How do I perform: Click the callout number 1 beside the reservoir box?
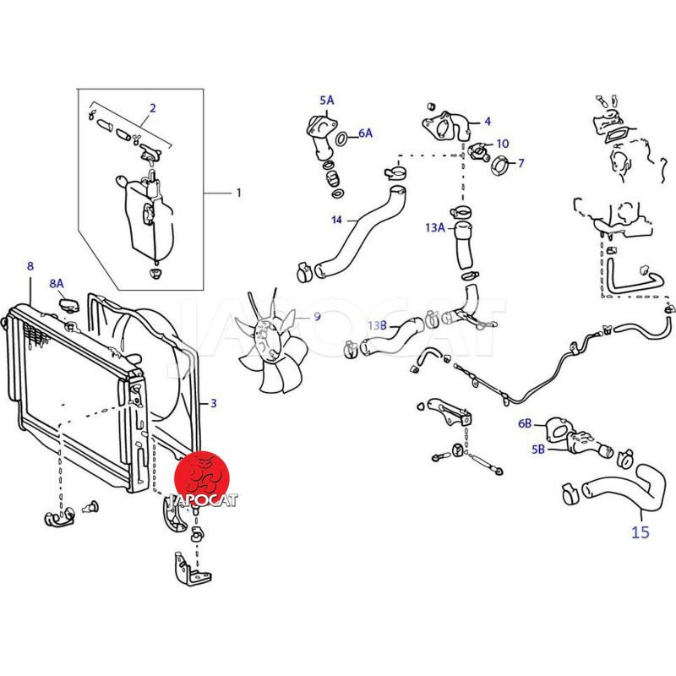coord(239,193)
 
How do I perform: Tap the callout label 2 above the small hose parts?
coord(153,108)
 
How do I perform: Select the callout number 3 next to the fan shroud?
coord(214,404)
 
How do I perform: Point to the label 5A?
coord(327,101)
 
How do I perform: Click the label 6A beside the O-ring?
coord(366,134)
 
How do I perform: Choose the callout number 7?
coord(521,163)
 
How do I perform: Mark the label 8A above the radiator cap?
coord(57,283)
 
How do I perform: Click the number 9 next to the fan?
coord(318,316)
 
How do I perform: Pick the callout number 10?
coord(503,143)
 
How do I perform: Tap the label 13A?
coord(434,227)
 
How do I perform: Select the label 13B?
coord(377,325)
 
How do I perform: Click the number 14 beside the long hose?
coord(336,220)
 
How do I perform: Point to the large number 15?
coord(641,532)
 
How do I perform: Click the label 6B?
coord(525,424)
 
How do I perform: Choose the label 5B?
coord(538,450)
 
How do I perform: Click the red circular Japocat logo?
coord(202,478)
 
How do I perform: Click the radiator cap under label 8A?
coord(69,305)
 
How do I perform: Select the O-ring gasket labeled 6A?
coord(341,139)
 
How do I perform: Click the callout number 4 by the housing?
coord(488,122)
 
